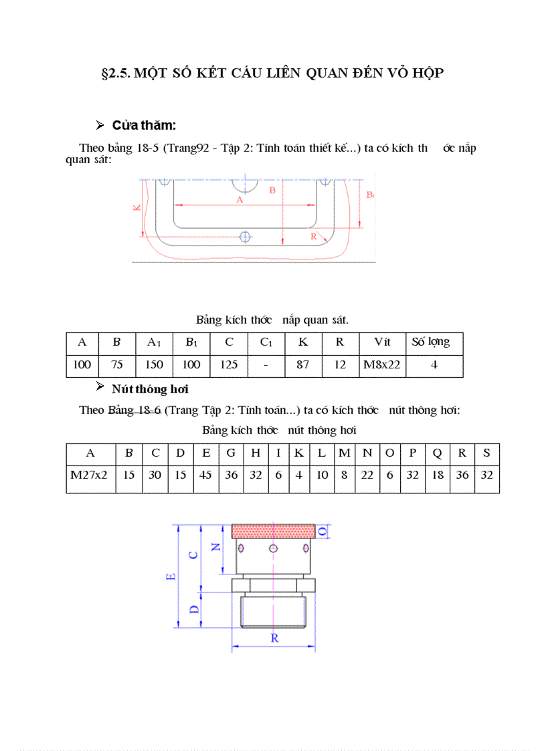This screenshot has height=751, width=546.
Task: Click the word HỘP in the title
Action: pyautogui.click(x=427, y=74)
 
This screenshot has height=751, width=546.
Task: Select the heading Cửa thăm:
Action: pyautogui.click(x=144, y=125)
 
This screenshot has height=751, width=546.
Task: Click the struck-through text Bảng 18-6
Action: pyautogui.click(x=134, y=410)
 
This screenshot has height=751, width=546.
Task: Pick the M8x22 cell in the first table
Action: pyautogui.click(x=381, y=365)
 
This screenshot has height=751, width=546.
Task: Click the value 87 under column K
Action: pyautogui.click(x=303, y=365)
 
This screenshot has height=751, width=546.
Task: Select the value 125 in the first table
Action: pyautogui.click(x=229, y=365)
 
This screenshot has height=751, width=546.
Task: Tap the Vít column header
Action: pyautogui.click(x=381, y=342)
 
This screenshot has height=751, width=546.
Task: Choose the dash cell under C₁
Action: pyautogui.click(x=266, y=365)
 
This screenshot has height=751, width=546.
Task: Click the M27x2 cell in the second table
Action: pyautogui.click(x=90, y=476)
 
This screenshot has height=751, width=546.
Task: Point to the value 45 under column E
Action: pyautogui.click(x=206, y=476)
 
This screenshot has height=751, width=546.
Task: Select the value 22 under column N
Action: pyautogui.click(x=367, y=476)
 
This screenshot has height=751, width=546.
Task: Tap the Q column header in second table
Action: pyautogui.click(x=437, y=453)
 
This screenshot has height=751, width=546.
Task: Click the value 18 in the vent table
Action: pyautogui.click(x=437, y=476)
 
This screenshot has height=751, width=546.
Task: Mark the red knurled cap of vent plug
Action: pyautogui.click(x=273, y=531)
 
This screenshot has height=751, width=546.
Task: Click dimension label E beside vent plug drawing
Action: pyautogui.click(x=171, y=576)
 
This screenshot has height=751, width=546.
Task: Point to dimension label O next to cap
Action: pyautogui.click(x=323, y=530)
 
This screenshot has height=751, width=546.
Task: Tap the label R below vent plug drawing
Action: pyautogui.click(x=274, y=638)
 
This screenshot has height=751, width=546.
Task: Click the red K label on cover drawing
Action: pyautogui.click(x=136, y=207)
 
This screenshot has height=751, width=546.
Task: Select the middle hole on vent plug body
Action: pyautogui.click(x=273, y=549)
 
